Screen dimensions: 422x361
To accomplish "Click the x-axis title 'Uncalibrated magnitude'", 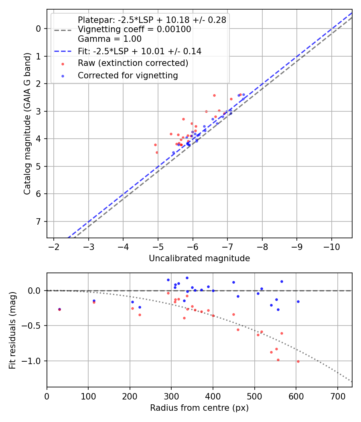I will point(199,258).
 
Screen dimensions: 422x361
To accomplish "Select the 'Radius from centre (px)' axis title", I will point(199,408).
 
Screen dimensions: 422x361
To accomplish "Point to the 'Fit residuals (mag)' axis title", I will point(12,330).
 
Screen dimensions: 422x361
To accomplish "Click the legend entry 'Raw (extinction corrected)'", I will point(133,63).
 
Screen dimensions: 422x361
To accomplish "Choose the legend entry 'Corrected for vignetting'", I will point(128,76).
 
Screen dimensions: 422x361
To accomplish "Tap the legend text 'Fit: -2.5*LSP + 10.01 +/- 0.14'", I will point(140,51).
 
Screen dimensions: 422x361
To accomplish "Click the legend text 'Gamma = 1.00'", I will point(110,39).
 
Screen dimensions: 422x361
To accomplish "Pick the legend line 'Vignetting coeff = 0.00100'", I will point(134,29).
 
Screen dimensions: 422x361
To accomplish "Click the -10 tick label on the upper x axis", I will point(331,246).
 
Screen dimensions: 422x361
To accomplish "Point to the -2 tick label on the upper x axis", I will point(54,246).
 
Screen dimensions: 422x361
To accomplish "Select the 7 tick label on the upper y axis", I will point(39,221).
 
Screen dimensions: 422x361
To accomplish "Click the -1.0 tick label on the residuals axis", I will point(34,361).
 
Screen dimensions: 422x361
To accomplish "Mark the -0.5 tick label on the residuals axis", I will point(34,326).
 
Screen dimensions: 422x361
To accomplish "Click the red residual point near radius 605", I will point(298,361).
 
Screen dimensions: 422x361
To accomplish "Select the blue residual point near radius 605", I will point(298,301).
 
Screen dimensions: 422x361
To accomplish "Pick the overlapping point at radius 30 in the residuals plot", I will point(59,309).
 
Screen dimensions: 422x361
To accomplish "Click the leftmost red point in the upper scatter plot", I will point(155,145).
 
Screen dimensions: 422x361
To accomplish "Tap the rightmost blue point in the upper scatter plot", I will point(243,94).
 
